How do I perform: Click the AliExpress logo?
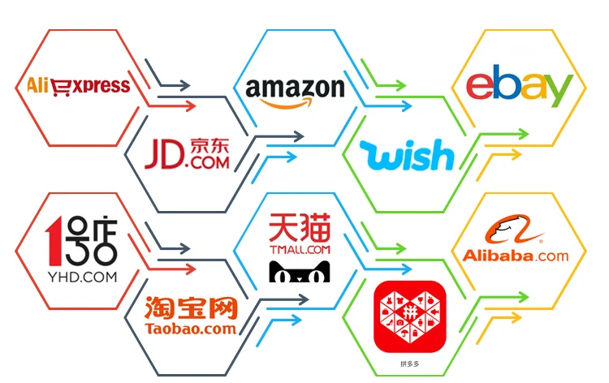pos(78,84)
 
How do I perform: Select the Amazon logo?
pos(295,92)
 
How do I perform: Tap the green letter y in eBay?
pos(560,92)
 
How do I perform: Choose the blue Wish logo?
pos(406,154)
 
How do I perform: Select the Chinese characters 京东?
pos(209,145)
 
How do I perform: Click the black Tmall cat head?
pos(299,271)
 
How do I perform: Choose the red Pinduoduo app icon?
pos(409,316)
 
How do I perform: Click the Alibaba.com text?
pos(514,256)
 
